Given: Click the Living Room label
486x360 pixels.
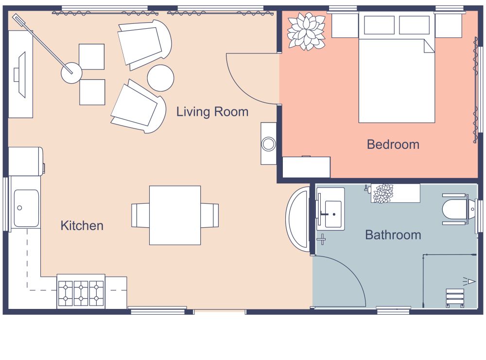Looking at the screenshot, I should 212,112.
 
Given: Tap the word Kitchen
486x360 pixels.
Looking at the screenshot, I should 82,226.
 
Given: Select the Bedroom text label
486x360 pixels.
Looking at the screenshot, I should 393,144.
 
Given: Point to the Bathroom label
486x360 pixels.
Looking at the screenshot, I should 393,235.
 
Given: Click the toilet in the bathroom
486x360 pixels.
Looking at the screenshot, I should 455,209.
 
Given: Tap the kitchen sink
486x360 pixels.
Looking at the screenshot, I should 26,208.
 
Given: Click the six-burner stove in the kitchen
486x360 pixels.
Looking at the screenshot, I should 81,292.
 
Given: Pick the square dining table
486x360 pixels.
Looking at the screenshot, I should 175,215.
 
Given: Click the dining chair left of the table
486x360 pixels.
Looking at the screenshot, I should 140,215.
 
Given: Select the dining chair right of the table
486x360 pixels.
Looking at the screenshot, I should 210,215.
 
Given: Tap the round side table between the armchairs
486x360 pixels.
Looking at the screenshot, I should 160,78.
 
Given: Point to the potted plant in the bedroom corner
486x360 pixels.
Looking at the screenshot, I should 306,31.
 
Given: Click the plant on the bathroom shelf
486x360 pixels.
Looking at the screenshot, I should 382,193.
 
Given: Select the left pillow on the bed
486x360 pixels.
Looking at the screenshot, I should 379,25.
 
